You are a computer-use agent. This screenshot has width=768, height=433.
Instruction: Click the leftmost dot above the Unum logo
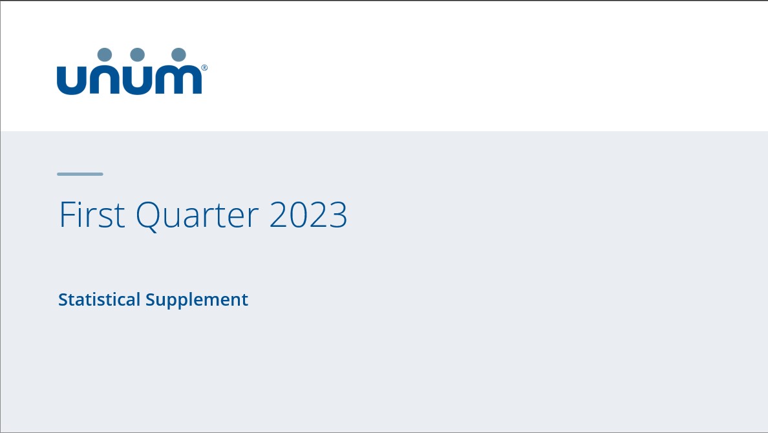(x=105, y=55)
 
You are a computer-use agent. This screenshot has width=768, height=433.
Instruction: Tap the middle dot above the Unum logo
(x=137, y=55)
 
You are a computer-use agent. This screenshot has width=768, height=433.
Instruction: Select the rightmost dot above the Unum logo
(x=179, y=55)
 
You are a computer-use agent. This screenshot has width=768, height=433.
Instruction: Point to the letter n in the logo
(x=105, y=80)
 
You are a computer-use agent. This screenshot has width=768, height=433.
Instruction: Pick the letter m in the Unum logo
(x=179, y=80)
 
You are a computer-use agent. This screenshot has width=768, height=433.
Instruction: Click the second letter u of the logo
(x=137, y=80)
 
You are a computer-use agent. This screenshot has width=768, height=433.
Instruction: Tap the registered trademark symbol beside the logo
(x=204, y=67)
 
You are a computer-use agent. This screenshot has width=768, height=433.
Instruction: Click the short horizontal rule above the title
(x=80, y=174)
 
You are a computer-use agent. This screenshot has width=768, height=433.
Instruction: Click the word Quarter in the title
(x=197, y=215)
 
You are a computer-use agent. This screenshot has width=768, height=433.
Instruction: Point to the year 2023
(x=308, y=215)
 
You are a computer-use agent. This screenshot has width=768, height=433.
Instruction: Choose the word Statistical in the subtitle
(x=99, y=300)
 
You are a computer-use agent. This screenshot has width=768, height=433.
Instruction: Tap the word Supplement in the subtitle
(x=197, y=300)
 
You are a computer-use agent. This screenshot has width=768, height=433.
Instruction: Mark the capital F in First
(x=65, y=215)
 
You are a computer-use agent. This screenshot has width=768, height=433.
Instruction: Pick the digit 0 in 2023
(x=299, y=215)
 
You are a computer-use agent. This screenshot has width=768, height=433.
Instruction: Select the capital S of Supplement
(x=151, y=300)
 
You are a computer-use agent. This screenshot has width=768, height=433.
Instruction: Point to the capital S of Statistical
(x=63, y=300)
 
